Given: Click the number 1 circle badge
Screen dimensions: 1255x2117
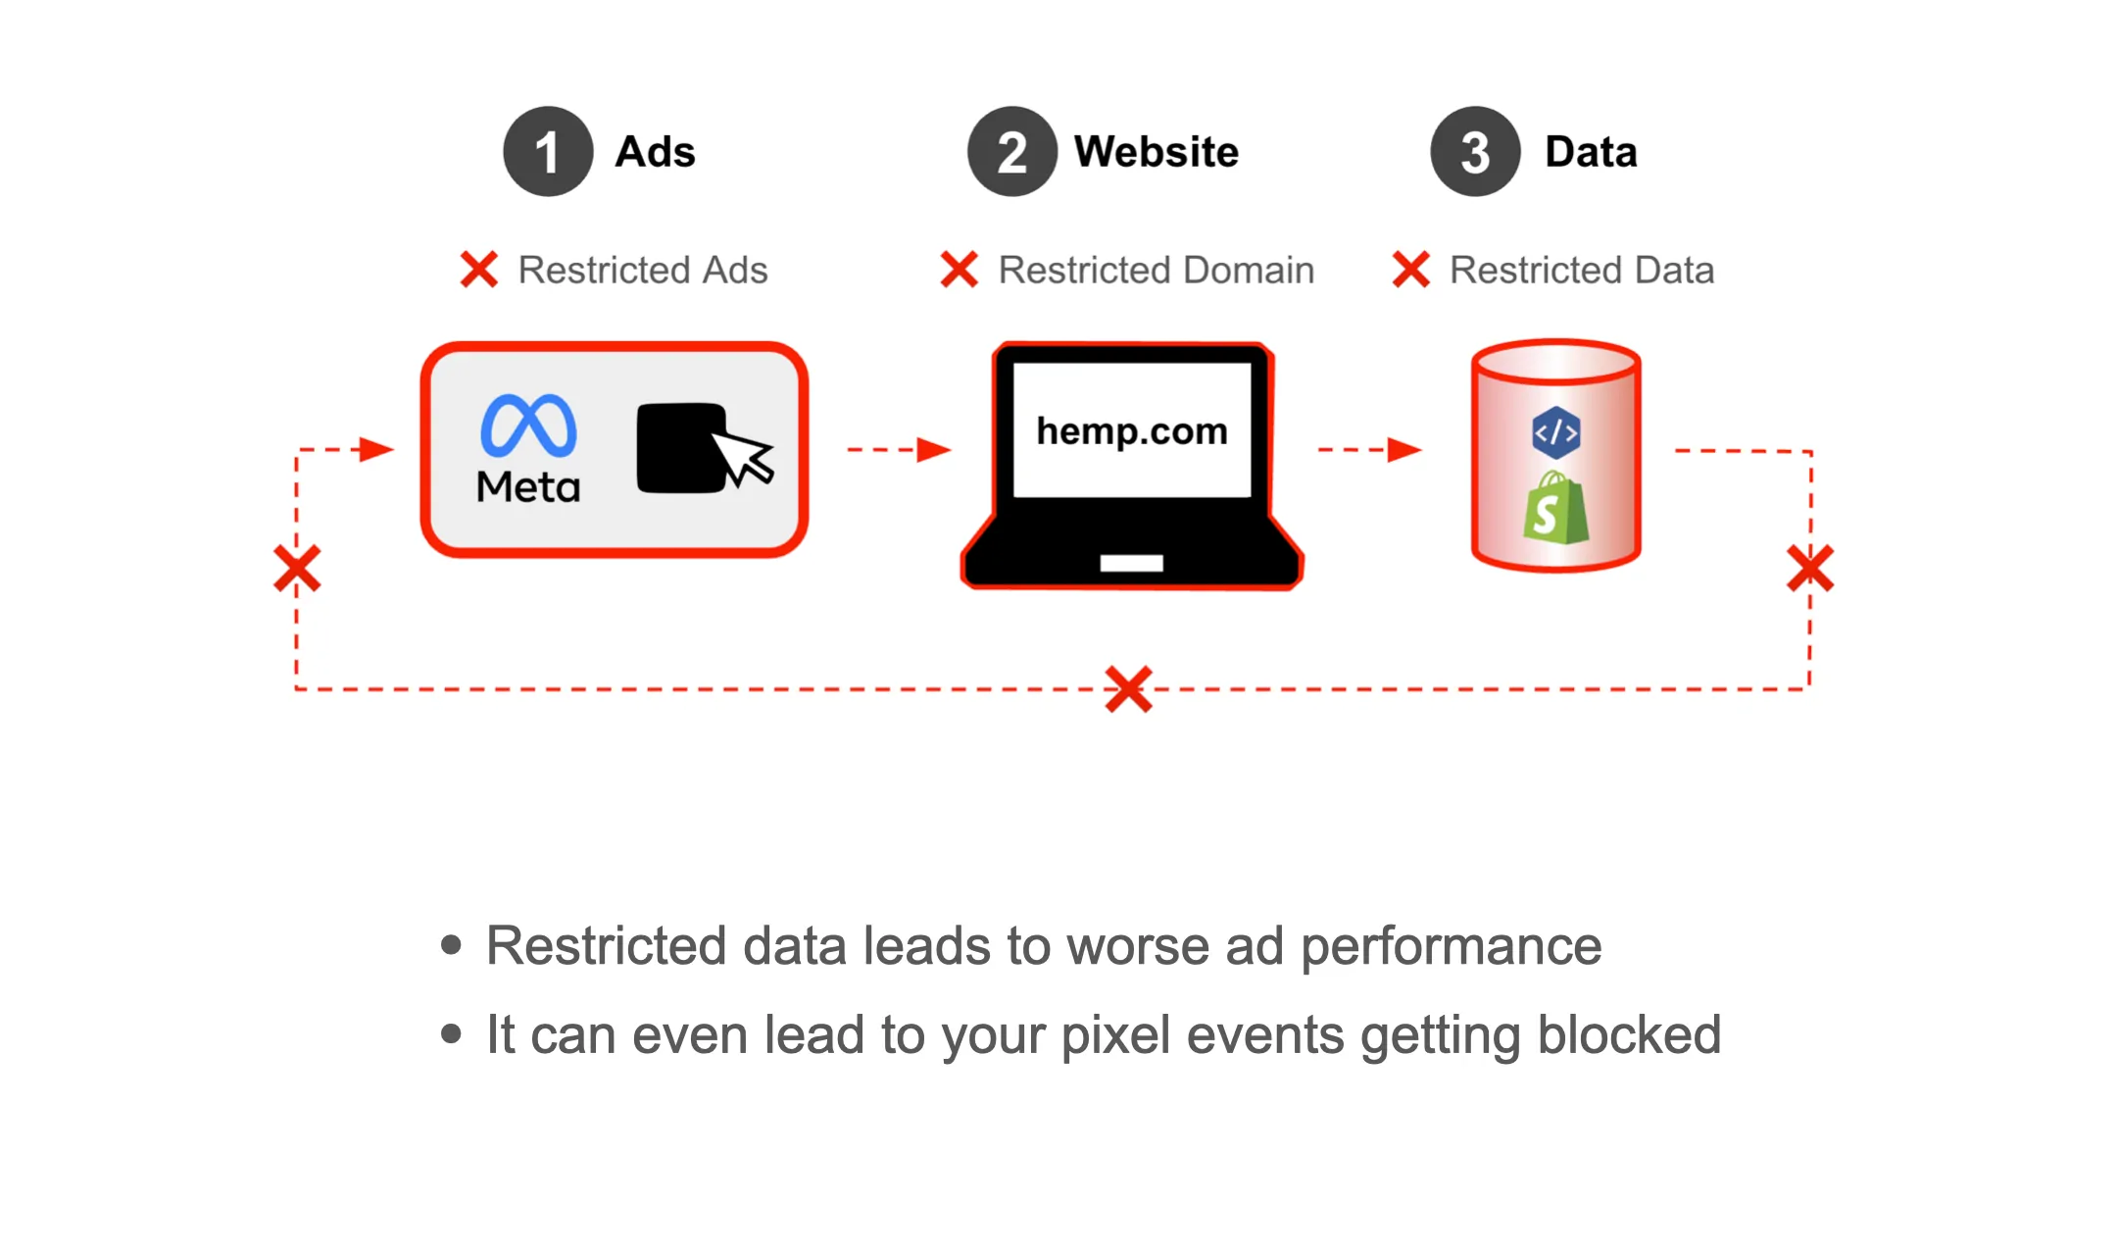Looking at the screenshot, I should [548, 152].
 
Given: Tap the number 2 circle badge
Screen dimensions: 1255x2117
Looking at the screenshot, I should [1011, 152].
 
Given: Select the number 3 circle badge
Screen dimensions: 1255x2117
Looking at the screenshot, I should [1475, 152].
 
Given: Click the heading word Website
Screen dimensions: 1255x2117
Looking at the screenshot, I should [1157, 152].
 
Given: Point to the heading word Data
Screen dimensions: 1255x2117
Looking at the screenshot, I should [1591, 152].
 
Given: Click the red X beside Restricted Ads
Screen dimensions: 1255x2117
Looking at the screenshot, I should [479, 270].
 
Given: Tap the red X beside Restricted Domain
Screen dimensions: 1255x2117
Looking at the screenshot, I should [960, 270].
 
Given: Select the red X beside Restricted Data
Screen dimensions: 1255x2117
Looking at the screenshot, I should [1411, 270].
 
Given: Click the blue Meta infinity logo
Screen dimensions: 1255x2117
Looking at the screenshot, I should [528, 427].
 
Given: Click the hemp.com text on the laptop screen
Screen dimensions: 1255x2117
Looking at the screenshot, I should [1132, 431].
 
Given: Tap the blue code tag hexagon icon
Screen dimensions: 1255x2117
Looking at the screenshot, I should [1555, 432].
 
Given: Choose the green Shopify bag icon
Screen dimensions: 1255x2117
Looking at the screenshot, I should [1555, 509].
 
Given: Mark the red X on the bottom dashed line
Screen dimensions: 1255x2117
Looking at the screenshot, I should [1129, 689].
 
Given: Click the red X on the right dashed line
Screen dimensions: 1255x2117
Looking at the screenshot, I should [1810, 569].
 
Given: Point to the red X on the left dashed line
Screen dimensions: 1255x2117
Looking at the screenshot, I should [297, 569].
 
